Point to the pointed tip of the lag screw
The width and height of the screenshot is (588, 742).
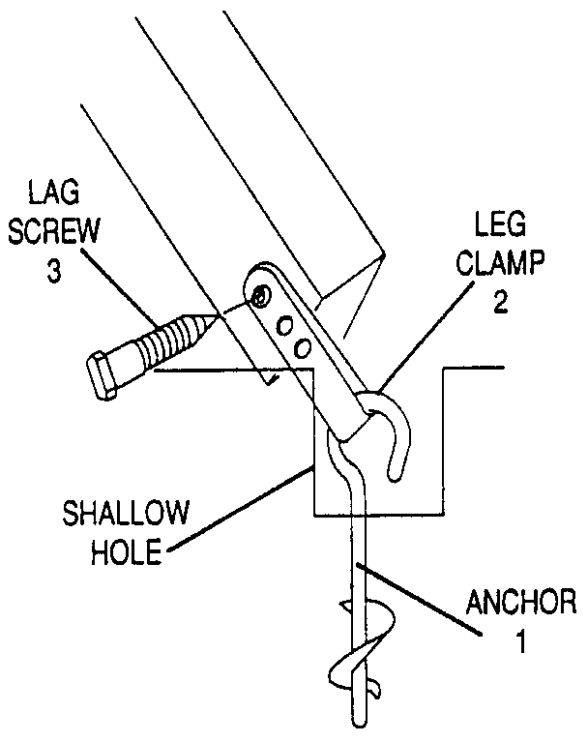pos(214,318)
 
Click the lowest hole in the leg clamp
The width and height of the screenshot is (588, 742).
pos(303,344)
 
